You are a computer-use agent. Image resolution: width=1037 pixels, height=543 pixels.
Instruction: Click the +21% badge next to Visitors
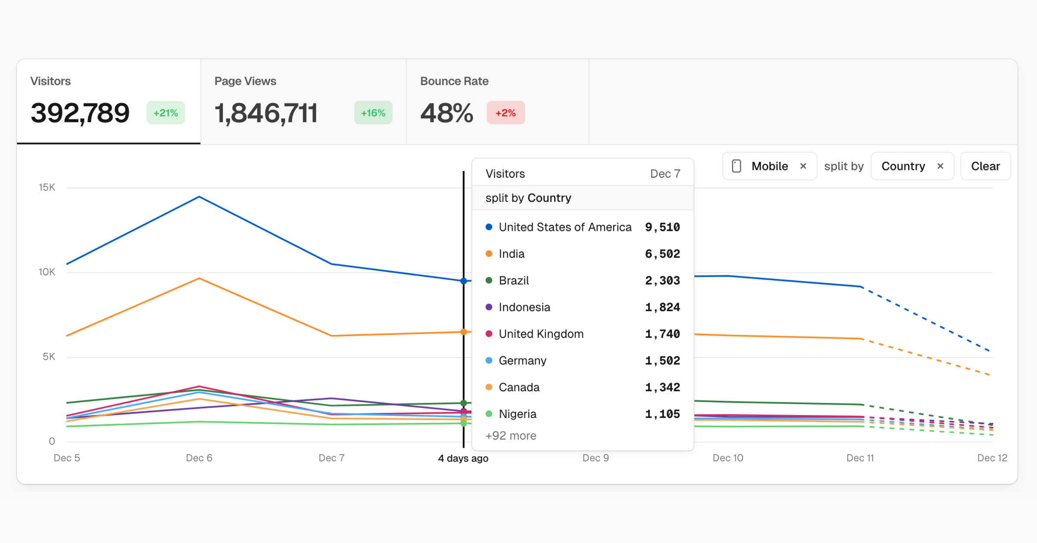pos(165,113)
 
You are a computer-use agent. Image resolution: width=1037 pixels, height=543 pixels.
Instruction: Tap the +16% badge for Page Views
pos(373,113)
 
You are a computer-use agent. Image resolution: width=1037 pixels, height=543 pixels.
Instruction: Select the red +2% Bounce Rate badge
pos(506,113)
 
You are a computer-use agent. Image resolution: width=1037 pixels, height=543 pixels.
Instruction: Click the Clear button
pos(985,166)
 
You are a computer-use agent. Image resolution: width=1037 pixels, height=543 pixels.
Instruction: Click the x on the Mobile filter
pos(803,166)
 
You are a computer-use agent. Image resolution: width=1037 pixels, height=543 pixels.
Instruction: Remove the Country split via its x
pos(940,166)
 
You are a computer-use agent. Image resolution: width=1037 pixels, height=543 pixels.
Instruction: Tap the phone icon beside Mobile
pos(737,166)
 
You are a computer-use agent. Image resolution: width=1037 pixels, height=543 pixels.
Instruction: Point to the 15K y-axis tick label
pos(47,187)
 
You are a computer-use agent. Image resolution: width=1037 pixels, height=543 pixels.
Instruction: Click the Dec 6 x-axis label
pos(199,458)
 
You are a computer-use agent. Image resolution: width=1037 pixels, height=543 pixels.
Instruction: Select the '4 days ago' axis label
pos(463,458)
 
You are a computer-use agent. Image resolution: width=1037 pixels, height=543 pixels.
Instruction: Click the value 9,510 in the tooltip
pos(662,227)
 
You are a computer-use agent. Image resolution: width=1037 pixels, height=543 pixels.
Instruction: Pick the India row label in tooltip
pos(512,254)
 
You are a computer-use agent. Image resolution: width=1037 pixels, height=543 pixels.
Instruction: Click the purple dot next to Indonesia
pos(489,307)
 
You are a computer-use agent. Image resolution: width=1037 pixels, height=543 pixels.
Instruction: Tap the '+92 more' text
pos(510,435)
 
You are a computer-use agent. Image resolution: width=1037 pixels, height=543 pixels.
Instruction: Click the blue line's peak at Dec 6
pos(199,197)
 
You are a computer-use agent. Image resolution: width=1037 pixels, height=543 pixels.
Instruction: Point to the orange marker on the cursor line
pos(464,332)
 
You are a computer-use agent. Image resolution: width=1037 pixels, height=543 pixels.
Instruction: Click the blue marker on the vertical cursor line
pos(464,281)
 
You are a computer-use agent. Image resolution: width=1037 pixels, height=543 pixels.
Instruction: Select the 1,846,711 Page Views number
pos(266,113)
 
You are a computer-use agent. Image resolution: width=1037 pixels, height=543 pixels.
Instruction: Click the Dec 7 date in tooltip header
pos(665,173)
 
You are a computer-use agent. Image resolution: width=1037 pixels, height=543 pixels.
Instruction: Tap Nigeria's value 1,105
pos(662,414)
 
